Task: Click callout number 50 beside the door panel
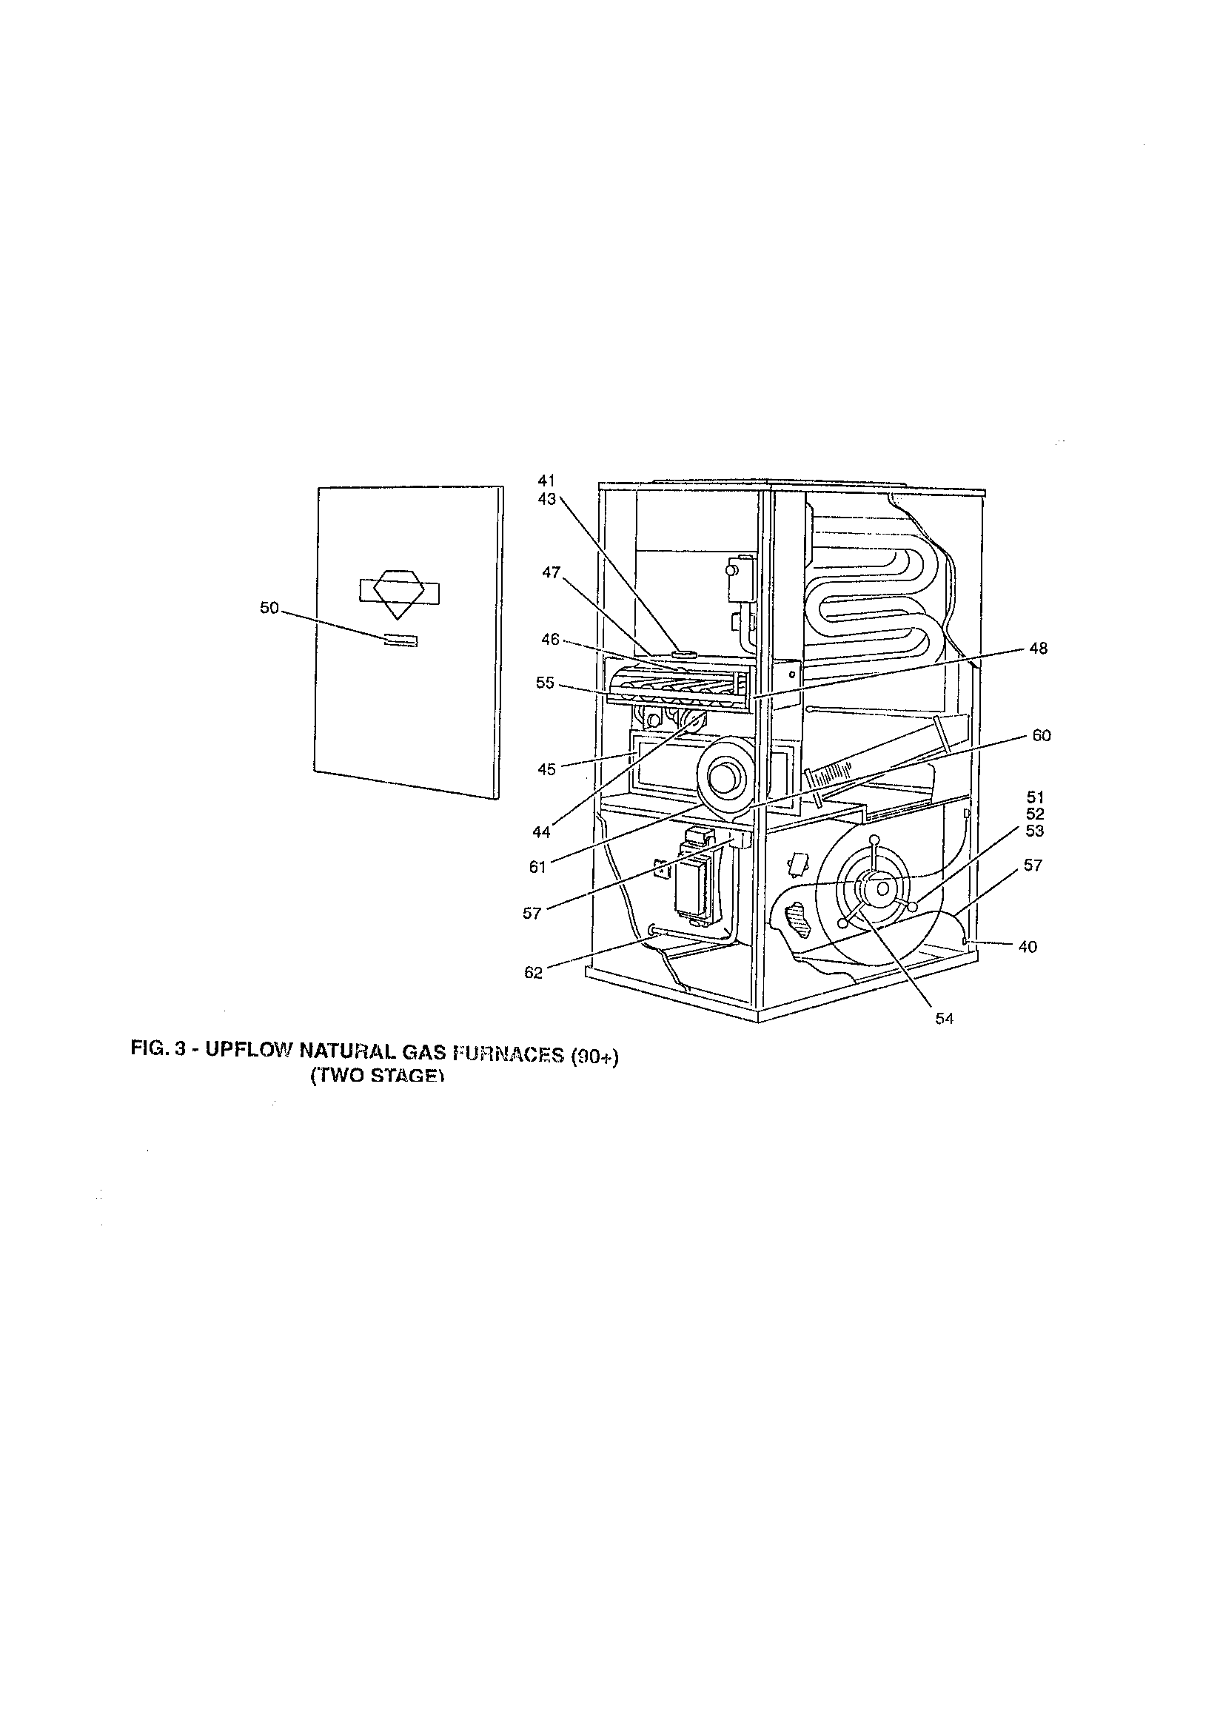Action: click(x=269, y=609)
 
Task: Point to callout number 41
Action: click(x=546, y=480)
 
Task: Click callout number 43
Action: click(x=546, y=498)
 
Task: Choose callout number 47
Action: click(x=552, y=572)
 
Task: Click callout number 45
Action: click(x=546, y=769)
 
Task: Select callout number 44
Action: click(x=541, y=832)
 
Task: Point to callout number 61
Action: click(x=537, y=868)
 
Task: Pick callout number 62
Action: click(x=533, y=973)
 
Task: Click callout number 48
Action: click(x=1039, y=649)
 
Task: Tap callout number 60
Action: click(x=1042, y=736)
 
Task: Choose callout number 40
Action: click(x=1028, y=947)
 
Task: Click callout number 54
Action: click(x=945, y=1019)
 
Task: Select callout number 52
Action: click(x=1035, y=814)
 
